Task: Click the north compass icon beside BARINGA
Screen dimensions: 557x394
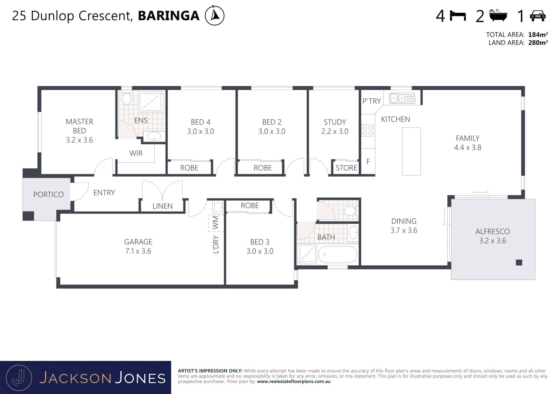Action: point(215,15)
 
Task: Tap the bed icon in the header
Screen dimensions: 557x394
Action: point(458,16)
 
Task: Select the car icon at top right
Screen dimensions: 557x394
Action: point(538,16)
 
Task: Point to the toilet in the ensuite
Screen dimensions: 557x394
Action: point(126,98)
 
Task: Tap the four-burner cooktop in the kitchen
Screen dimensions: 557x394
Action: point(368,131)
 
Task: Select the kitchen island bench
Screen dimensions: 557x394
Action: point(411,151)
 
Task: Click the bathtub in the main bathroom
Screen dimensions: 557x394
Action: point(338,254)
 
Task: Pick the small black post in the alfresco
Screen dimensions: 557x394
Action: point(519,262)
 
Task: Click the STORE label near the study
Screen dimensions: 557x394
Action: point(346,168)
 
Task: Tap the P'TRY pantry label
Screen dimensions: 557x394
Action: point(372,101)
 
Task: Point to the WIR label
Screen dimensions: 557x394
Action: point(136,153)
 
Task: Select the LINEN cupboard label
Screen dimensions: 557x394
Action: point(162,206)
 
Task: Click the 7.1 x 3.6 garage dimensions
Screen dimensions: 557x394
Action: point(138,251)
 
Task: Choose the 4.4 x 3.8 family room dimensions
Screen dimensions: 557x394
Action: point(468,147)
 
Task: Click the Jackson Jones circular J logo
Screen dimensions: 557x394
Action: point(19,378)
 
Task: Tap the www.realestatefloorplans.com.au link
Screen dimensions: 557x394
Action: point(294,382)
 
